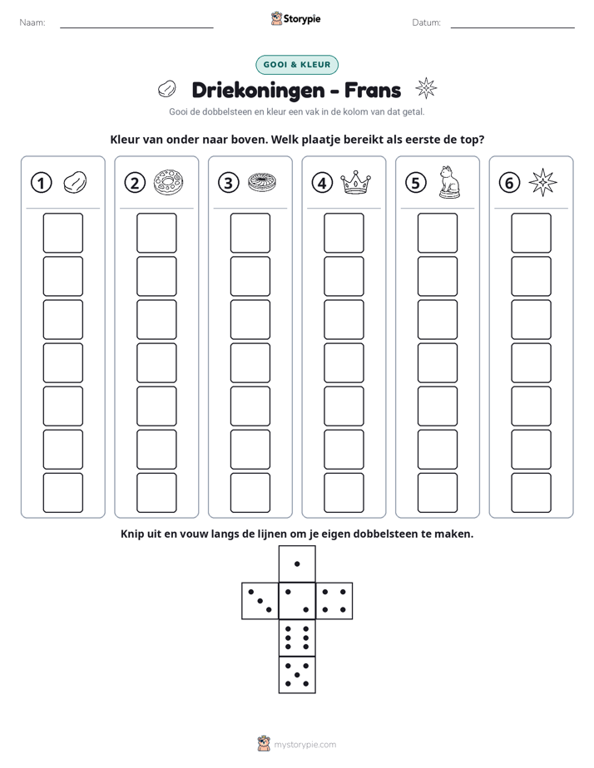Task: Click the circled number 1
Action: tap(41, 183)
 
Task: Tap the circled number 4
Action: tap(322, 183)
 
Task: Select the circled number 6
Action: tap(509, 183)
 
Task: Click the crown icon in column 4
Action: tap(356, 182)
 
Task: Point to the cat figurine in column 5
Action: tap(449, 182)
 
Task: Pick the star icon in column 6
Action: tap(543, 182)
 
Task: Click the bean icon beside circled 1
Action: tap(75, 182)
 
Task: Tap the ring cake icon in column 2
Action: tap(169, 182)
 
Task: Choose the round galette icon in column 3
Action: tap(262, 182)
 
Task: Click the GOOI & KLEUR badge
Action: tap(297, 65)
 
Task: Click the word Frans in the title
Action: tap(373, 90)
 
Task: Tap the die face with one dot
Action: tap(297, 564)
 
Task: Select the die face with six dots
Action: tap(297, 638)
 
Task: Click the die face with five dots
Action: tap(297, 675)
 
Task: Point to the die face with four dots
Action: tap(334, 601)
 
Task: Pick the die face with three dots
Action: tap(260, 601)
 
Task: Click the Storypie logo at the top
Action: tap(296, 18)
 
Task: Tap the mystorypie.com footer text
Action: tap(304, 745)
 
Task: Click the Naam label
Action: tap(32, 22)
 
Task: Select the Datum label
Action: tap(427, 22)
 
